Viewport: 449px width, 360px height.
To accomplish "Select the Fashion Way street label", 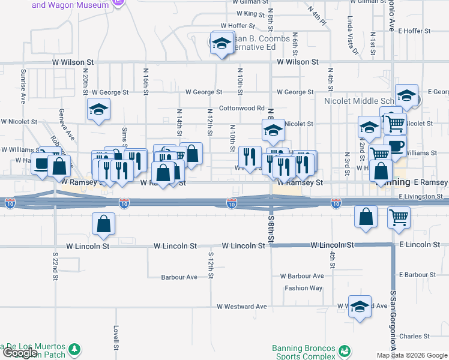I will (303, 288).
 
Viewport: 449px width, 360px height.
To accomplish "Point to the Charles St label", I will (414, 336).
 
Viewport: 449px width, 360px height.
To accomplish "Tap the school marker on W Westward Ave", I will (359, 307).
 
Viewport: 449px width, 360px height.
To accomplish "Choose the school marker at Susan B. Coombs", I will (222, 43).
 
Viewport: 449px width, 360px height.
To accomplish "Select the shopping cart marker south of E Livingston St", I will (399, 217).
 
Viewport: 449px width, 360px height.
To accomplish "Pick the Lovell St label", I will (115, 338).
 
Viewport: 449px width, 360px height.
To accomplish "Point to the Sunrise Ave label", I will (23, 86).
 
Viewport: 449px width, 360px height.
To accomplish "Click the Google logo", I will (20, 353).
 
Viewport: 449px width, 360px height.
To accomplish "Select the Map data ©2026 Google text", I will (412, 355).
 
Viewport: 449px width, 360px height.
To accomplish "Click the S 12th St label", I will (211, 265).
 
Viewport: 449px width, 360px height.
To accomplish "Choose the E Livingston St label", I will (420, 196).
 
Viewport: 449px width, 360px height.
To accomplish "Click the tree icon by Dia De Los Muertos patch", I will (74, 349).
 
